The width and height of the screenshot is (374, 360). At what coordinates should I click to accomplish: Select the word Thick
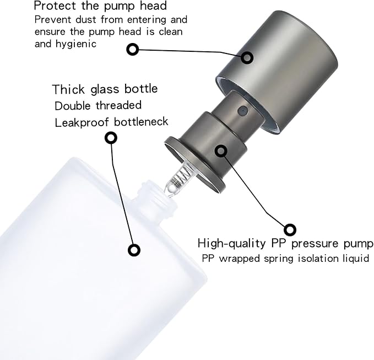coord(67,89)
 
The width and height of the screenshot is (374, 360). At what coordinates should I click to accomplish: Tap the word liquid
coord(356,258)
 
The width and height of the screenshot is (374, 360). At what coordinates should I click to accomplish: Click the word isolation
coord(316,258)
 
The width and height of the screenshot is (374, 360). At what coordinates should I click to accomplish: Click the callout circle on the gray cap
coord(247,57)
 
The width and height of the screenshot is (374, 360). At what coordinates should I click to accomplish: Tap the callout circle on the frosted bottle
coord(133,250)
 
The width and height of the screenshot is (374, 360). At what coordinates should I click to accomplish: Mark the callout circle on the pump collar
coord(221,150)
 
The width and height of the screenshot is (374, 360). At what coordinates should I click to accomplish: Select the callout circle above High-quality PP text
coord(290,228)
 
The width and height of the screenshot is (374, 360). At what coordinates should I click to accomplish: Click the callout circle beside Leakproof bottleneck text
coord(111,138)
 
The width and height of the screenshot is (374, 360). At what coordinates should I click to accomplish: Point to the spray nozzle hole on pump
coord(241,111)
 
